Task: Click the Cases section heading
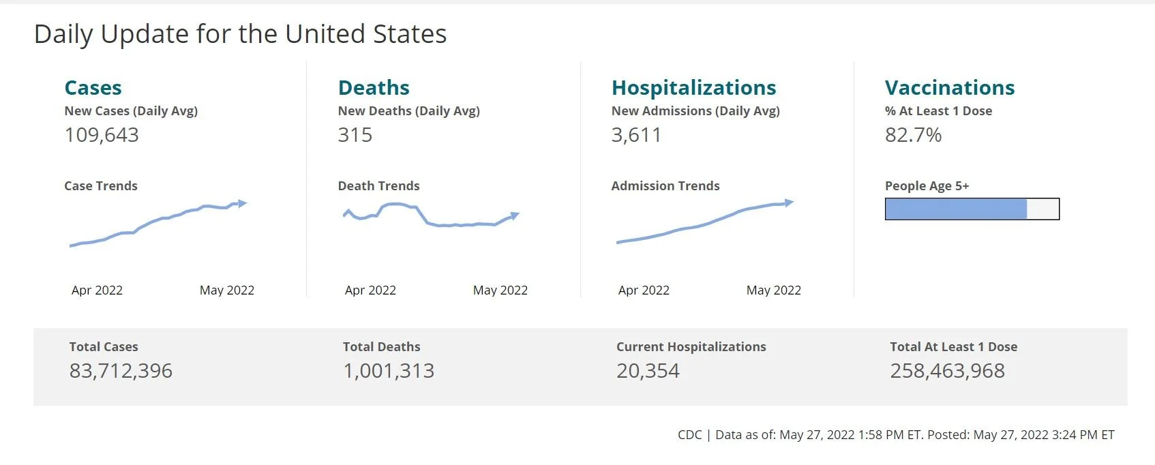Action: point(93,88)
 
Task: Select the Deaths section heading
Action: point(374,88)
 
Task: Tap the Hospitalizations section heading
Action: point(693,88)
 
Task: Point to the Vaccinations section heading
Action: point(950,88)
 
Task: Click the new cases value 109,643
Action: point(102,135)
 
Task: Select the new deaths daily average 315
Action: point(355,135)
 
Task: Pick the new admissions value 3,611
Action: point(636,135)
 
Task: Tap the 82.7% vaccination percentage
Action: point(913,135)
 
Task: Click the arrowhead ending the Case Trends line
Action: point(242,203)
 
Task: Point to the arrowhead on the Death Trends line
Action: point(515,215)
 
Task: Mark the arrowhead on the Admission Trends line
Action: point(789,202)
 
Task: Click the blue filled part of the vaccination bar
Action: point(956,209)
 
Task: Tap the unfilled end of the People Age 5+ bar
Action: point(1042,209)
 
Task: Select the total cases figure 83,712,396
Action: point(121,371)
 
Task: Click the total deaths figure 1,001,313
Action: point(389,371)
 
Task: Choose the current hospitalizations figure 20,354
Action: point(648,371)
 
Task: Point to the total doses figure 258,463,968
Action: point(947,371)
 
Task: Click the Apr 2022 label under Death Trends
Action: point(370,290)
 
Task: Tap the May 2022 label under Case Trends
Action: point(227,290)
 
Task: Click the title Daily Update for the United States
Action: point(240,35)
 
